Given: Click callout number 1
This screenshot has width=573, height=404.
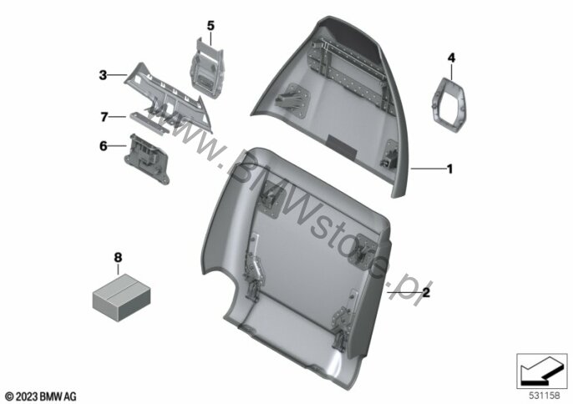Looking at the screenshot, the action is [450, 169].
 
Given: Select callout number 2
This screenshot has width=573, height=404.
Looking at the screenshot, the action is [426, 293].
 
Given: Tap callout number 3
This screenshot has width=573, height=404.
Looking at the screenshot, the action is [103, 75].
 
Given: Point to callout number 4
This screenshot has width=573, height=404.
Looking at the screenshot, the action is [451, 58].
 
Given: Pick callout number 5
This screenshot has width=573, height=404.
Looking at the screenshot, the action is [210, 26].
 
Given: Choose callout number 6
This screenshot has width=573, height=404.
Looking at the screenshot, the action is [104, 146].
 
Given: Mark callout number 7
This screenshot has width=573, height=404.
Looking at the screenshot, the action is [104, 117].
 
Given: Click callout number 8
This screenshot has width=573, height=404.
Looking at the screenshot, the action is [118, 258].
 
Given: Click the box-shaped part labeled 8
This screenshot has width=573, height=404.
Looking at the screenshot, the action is [121, 297].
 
